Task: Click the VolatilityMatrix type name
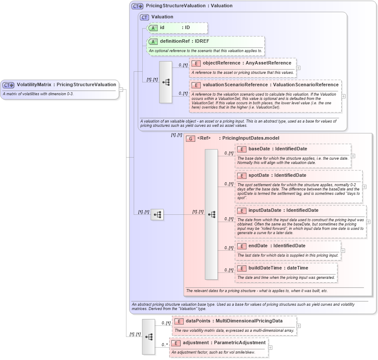(34, 85)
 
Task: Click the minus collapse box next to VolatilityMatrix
(121, 90)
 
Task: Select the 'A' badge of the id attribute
(153, 28)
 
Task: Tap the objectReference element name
(221, 63)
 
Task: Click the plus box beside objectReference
(298, 67)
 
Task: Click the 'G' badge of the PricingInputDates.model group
(190, 138)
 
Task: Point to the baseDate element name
(259, 149)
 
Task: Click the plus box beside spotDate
(364, 187)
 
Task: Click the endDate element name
(258, 246)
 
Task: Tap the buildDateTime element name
(265, 268)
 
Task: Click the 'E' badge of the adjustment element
(176, 342)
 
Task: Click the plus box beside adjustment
(270, 347)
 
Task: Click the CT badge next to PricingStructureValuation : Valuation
(137, 6)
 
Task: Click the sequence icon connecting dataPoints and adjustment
(149, 337)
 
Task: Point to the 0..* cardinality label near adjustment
(164, 344)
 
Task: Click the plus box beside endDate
(343, 251)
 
